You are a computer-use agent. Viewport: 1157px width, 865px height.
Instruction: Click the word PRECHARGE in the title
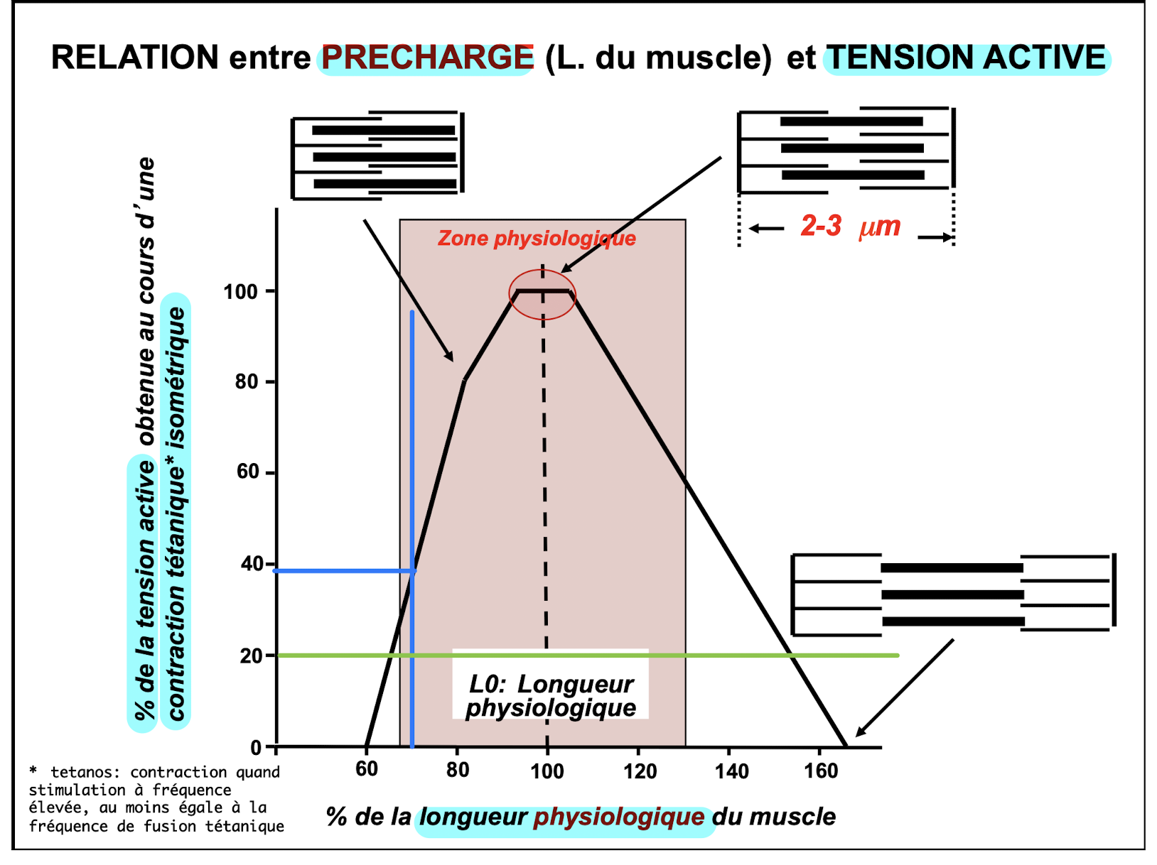[427, 58]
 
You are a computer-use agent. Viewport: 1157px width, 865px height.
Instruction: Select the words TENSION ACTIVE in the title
[967, 58]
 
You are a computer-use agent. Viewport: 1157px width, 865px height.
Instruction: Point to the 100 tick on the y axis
[240, 291]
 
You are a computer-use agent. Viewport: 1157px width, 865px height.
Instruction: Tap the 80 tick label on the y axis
[246, 381]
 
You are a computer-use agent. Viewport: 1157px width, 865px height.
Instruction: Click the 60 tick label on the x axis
[367, 769]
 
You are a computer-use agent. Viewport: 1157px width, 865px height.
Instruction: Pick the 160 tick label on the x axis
[821, 771]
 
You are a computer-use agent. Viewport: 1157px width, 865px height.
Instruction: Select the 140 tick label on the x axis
[731, 771]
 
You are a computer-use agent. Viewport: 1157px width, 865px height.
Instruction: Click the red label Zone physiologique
[537, 238]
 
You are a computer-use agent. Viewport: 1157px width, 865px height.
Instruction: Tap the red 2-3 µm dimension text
[850, 227]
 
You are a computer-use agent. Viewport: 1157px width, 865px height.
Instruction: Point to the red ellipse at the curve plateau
[542, 293]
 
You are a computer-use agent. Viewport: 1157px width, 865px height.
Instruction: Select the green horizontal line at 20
[711, 655]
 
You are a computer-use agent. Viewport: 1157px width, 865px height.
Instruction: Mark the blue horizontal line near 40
[341, 570]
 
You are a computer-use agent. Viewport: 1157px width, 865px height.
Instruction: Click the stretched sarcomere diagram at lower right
[952, 594]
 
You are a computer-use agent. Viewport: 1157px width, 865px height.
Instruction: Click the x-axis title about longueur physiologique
[580, 817]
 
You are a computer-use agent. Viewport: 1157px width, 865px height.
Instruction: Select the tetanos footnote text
[156, 799]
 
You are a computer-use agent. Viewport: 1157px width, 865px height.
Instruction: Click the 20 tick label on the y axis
[251, 655]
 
